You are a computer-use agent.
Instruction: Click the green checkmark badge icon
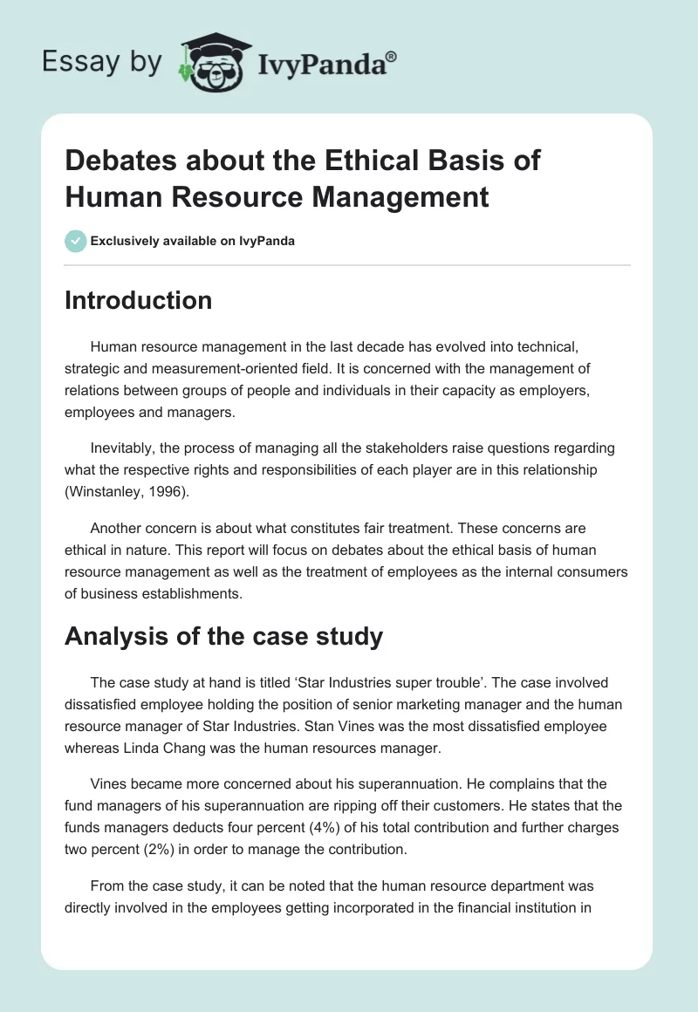click(75, 241)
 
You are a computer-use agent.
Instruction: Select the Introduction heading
click(138, 300)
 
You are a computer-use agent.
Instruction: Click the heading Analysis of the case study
click(223, 636)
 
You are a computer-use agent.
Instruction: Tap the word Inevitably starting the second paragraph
click(122, 448)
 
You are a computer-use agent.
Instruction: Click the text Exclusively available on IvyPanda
click(194, 241)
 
